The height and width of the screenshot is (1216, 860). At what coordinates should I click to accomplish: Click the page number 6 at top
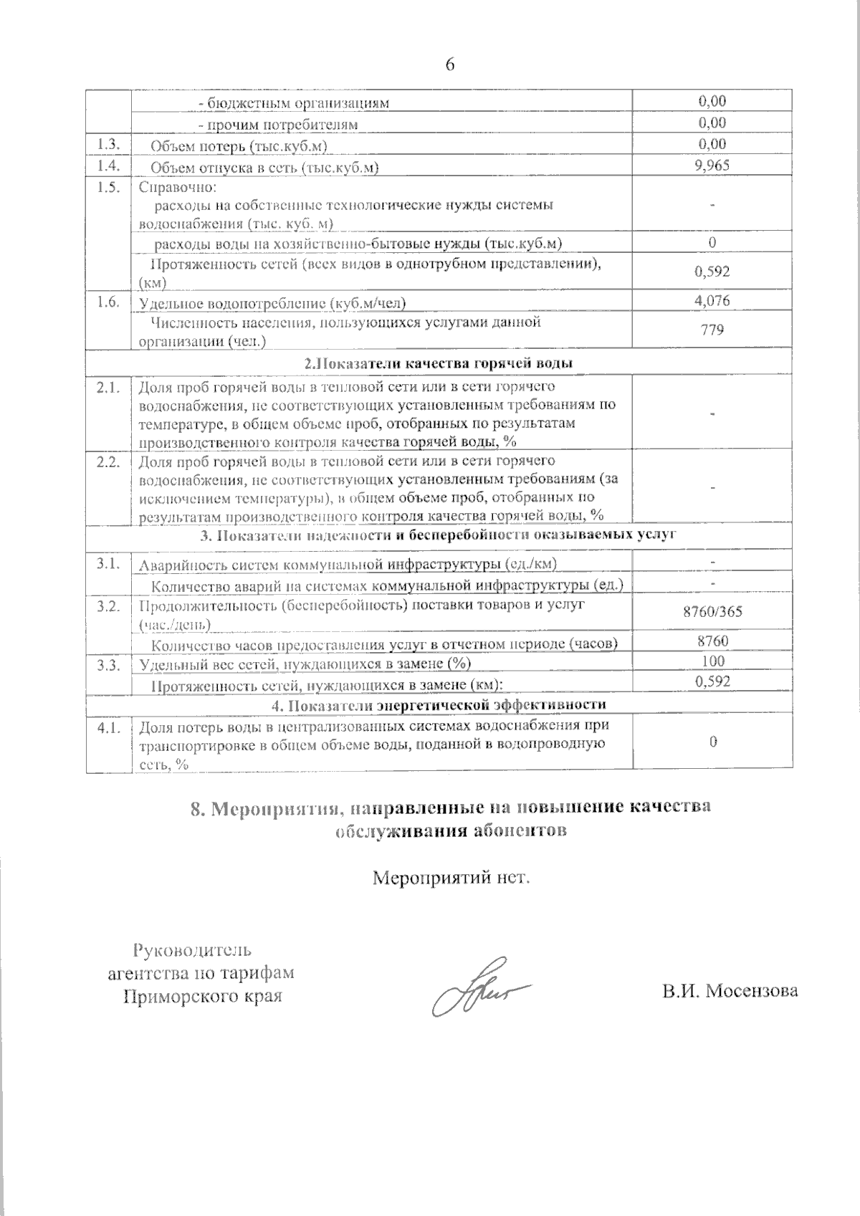click(449, 64)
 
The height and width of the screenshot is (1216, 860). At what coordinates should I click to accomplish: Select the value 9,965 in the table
click(712, 166)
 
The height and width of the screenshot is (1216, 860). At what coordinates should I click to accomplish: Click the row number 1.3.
click(107, 144)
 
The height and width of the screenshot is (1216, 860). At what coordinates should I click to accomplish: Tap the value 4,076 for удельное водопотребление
click(712, 300)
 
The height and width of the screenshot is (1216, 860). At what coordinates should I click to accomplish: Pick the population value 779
click(712, 330)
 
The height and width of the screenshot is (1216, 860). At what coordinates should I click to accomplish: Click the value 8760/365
click(712, 613)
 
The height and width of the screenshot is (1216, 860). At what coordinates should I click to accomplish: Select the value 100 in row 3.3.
click(712, 661)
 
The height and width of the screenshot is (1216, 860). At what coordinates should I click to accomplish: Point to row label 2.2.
click(107, 461)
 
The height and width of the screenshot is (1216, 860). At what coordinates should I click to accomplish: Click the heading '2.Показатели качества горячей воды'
click(438, 363)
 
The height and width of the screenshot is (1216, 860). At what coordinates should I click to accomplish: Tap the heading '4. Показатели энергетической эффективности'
click(438, 705)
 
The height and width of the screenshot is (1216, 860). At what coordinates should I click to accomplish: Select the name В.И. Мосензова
click(730, 991)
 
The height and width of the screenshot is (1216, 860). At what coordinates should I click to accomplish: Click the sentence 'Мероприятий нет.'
click(451, 877)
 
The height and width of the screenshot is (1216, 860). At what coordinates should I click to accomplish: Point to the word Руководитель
click(192, 951)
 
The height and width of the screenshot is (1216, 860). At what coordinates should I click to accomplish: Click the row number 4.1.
click(107, 728)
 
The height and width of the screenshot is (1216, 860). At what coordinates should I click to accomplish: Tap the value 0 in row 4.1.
click(712, 742)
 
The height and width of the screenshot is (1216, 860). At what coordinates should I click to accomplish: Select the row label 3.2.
click(107, 606)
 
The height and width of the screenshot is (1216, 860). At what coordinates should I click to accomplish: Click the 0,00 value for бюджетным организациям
click(712, 101)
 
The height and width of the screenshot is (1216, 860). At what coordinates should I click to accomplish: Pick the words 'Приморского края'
click(202, 997)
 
